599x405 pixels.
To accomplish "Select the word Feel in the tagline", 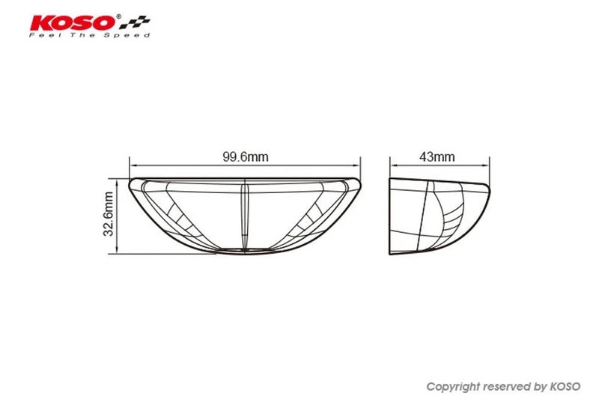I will [40, 35].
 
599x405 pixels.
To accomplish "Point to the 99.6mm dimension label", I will [245, 157].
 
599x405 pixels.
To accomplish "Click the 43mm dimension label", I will [437, 157].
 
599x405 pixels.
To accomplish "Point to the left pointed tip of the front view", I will [131, 183].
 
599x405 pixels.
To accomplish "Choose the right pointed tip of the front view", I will [360, 183].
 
